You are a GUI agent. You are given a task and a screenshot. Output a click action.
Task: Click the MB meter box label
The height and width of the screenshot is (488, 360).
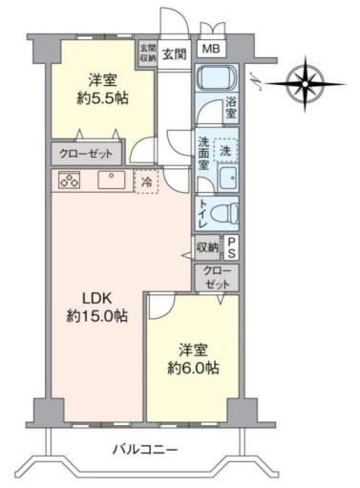tap(211, 49)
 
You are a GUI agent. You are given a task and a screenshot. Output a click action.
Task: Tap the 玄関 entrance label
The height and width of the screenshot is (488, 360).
tap(175, 53)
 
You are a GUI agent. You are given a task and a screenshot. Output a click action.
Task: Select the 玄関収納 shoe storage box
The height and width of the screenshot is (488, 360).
tap(148, 53)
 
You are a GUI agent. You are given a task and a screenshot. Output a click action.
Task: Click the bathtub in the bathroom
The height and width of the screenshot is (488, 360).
tap(217, 76)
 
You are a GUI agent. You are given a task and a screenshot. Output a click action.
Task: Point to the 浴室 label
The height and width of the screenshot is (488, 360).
tap(231, 107)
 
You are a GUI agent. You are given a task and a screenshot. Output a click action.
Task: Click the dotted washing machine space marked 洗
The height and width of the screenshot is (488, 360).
tap(226, 150)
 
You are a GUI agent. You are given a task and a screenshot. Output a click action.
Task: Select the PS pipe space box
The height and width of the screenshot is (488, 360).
tap(231, 247)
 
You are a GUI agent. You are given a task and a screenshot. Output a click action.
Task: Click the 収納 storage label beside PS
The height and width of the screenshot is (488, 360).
tap(207, 247)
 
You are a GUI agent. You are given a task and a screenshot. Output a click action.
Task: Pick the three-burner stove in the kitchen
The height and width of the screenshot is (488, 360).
tap(69, 180)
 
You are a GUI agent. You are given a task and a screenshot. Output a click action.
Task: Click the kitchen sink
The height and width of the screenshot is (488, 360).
tap(112, 180)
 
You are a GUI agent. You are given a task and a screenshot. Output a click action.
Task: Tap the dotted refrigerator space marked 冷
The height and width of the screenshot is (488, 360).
tap(146, 181)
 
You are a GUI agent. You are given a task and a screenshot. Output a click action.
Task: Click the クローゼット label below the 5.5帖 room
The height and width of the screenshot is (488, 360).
tap(86, 154)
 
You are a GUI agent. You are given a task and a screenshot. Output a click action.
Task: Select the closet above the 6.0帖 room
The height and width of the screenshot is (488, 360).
tap(217, 278)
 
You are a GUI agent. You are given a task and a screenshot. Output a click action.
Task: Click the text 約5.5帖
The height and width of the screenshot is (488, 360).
tap(102, 99)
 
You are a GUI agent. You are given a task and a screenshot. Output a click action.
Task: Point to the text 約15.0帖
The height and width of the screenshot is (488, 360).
tap(97, 316)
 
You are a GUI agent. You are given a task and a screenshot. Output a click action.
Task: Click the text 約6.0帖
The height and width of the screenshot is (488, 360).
tap(193, 369)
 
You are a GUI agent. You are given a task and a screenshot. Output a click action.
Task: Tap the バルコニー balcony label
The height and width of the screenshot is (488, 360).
tap(145, 450)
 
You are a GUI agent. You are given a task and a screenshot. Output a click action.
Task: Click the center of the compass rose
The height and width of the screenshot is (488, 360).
tap(305, 84)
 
